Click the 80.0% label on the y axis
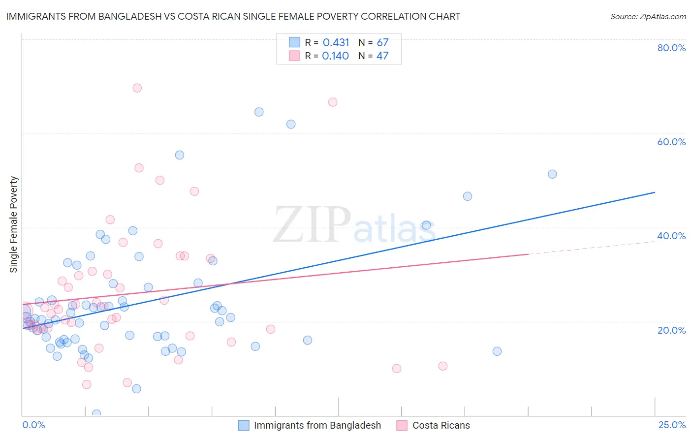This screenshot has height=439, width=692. click(671, 48)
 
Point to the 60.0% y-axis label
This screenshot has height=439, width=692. click(671, 142)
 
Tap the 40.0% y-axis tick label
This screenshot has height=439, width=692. click(671, 236)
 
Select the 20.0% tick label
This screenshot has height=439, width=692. click(671, 330)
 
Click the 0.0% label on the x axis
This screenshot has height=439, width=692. click(33, 425)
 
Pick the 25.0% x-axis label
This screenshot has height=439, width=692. click(672, 425)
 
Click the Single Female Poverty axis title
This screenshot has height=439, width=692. click(14, 224)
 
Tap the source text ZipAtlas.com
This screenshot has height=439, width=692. click(648, 17)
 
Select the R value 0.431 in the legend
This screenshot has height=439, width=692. click(336, 43)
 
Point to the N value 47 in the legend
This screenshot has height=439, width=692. click(382, 56)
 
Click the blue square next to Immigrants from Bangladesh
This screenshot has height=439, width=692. click(244, 426)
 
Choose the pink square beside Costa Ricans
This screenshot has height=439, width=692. click(402, 426)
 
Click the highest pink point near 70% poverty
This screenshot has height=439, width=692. click(137, 88)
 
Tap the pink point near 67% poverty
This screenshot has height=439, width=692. click(333, 102)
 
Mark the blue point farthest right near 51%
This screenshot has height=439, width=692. click(552, 174)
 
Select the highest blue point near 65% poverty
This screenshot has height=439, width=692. click(259, 112)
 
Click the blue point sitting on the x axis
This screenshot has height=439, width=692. click(96, 414)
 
